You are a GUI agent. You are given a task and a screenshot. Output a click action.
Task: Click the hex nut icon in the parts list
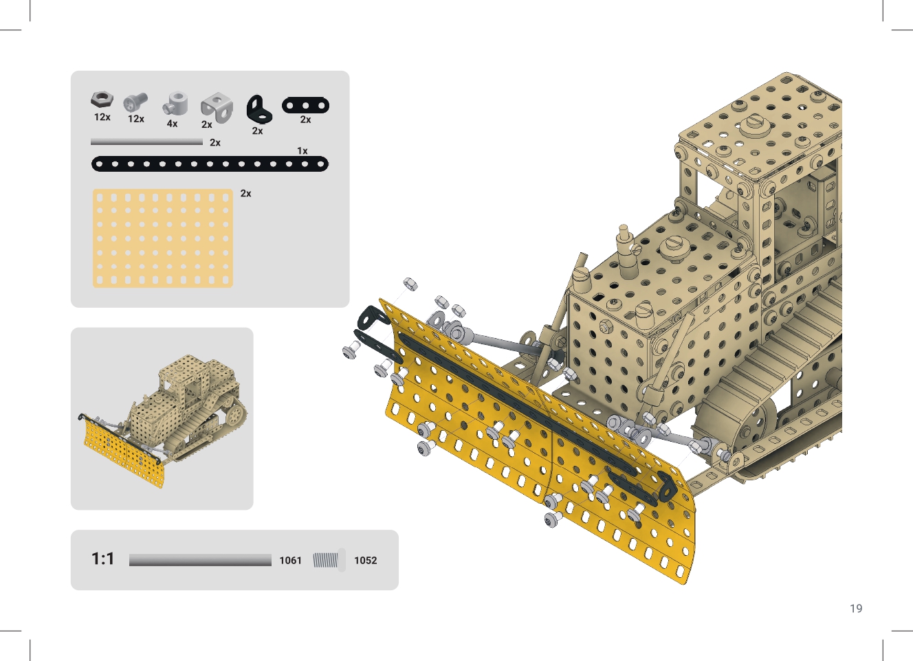[x=102, y=100]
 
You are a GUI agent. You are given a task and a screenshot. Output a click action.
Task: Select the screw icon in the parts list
[x=135, y=102]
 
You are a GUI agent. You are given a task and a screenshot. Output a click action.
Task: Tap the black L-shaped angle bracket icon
[x=259, y=109]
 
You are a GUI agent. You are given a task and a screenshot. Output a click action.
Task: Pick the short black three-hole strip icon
[x=305, y=106]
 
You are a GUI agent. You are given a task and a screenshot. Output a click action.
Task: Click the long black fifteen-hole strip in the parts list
[x=210, y=164]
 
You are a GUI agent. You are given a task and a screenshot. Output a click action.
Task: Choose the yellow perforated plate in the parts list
[x=163, y=238]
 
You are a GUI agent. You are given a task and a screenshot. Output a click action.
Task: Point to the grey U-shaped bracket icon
[x=217, y=107]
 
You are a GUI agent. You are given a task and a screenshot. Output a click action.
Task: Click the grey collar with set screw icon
[x=176, y=103]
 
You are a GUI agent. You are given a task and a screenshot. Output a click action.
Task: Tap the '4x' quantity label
[x=172, y=124]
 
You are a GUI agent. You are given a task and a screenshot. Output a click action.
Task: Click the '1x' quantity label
[x=302, y=150]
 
